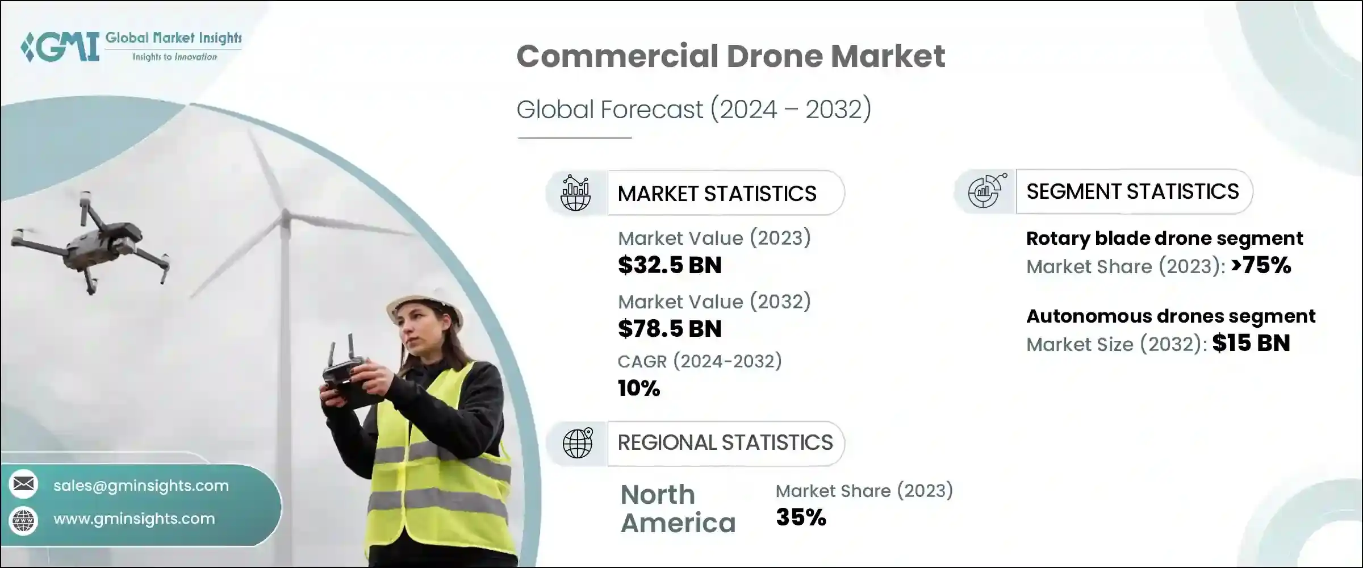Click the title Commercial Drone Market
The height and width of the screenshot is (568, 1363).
tap(730, 56)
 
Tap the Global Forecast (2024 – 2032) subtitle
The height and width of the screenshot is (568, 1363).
tap(693, 109)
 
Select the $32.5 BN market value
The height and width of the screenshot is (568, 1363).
tap(670, 265)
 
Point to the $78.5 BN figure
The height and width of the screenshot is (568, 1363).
tap(670, 329)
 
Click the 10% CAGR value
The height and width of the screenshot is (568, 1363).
tap(639, 389)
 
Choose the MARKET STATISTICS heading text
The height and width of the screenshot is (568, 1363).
tap(717, 194)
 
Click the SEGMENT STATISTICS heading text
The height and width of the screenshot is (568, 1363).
tap(1132, 191)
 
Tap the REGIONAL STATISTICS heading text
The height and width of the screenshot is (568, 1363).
tap(725, 442)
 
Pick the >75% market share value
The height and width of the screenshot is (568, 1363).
tap(1261, 265)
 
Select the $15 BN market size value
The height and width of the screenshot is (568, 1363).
tap(1251, 343)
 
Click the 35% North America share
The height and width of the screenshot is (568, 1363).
tap(801, 517)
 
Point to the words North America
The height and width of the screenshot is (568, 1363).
tap(678, 509)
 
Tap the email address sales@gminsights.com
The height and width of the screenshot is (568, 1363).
tap(141, 486)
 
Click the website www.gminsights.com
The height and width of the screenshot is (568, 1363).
tap(134, 519)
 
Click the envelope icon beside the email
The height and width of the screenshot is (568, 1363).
tap(24, 485)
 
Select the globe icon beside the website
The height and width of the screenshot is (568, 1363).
tap(24, 520)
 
